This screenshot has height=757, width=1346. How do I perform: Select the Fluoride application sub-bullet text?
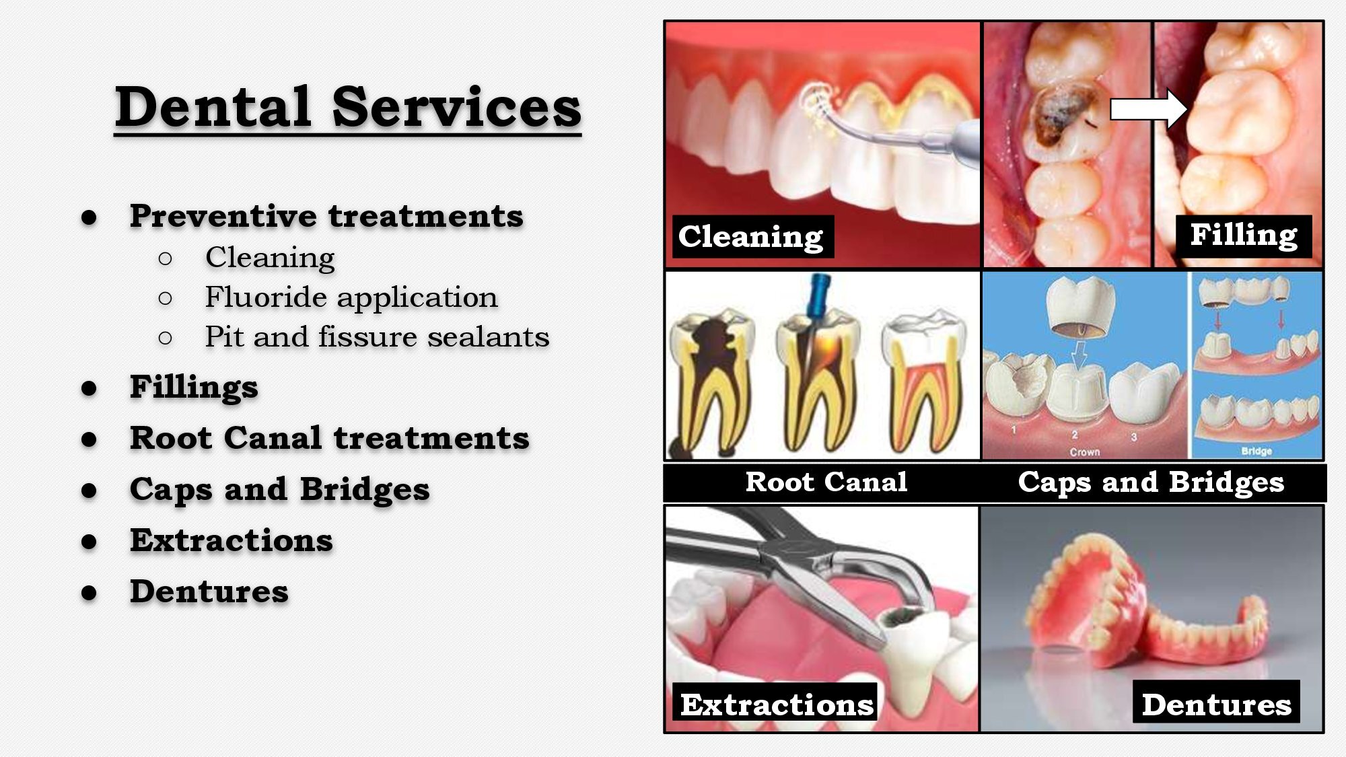tap(351, 297)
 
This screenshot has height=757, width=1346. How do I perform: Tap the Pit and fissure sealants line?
tap(377, 336)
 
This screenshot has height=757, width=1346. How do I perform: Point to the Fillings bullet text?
tap(194, 388)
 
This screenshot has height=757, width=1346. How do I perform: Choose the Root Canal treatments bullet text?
tap(330, 438)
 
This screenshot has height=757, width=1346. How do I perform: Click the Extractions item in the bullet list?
tap(232, 540)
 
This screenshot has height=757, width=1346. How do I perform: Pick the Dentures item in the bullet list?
tap(209, 591)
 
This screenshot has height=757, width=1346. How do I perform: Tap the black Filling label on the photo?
tap(1244, 236)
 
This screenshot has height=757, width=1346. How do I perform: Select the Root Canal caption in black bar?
tap(826, 482)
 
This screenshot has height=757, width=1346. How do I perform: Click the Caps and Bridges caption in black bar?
tap(1151, 482)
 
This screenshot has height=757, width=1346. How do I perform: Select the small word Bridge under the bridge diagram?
tap(1256, 451)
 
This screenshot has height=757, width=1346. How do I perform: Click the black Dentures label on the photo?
tap(1217, 703)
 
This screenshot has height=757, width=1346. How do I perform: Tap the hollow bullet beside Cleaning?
tap(166, 258)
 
